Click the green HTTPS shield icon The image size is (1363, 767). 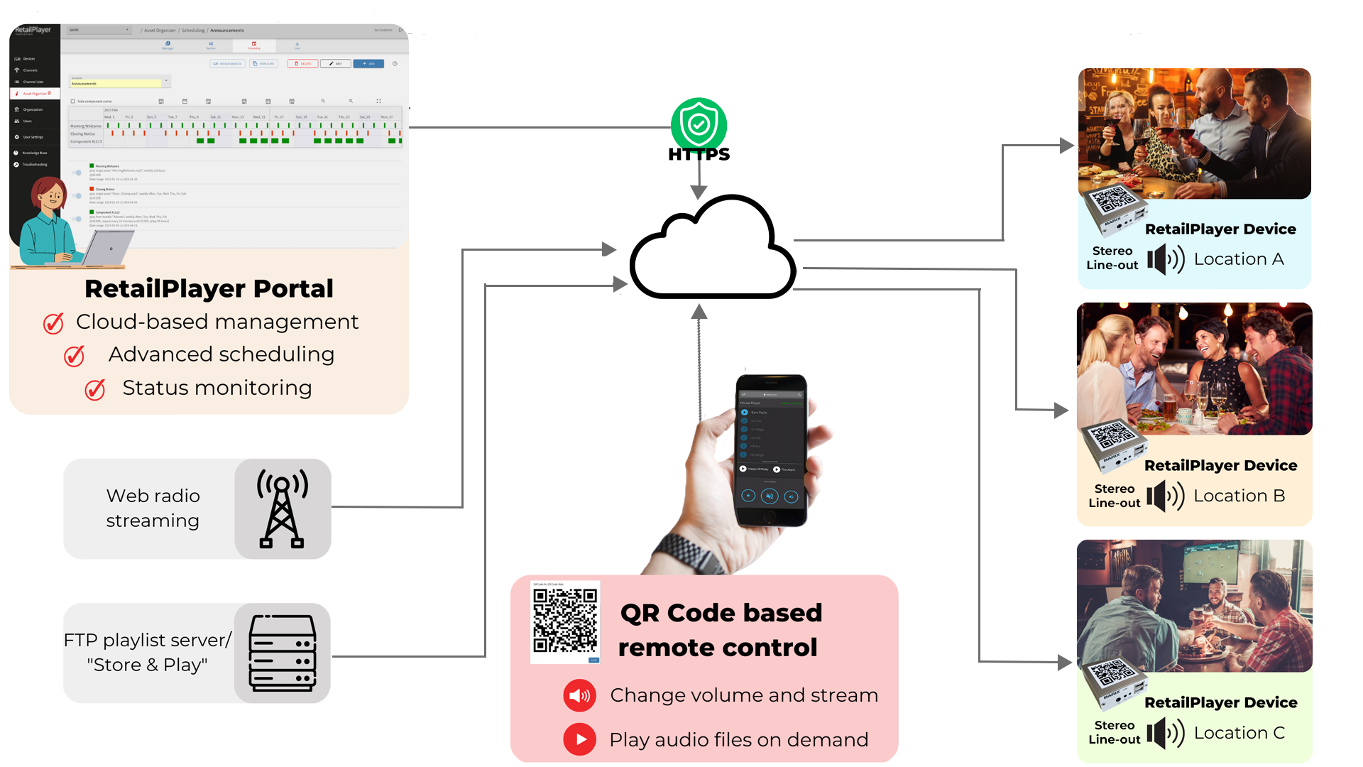[x=699, y=124]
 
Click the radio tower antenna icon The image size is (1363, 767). [x=282, y=508]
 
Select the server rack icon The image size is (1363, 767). [x=282, y=653]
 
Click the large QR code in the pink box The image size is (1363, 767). [x=565, y=621]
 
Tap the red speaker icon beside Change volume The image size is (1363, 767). [x=579, y=695]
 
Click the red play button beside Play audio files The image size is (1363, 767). [x=579, y=739]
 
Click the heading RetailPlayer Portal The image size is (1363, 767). [x=209, y=288]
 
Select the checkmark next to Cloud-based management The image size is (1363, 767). [x=53, y=323]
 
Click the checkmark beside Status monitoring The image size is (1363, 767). [x=95, y=389]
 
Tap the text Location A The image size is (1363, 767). [x=1238, y=259]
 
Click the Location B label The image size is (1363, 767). [x=1239, y=496]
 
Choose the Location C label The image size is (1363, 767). [x=1239, y=733]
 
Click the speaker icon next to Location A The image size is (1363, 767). [x=1165, y=259]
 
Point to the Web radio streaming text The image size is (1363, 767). [x=153, y=508]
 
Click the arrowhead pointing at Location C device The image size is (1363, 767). [x=1065, y=662]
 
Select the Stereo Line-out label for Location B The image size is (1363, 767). [x=1114, y=496]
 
